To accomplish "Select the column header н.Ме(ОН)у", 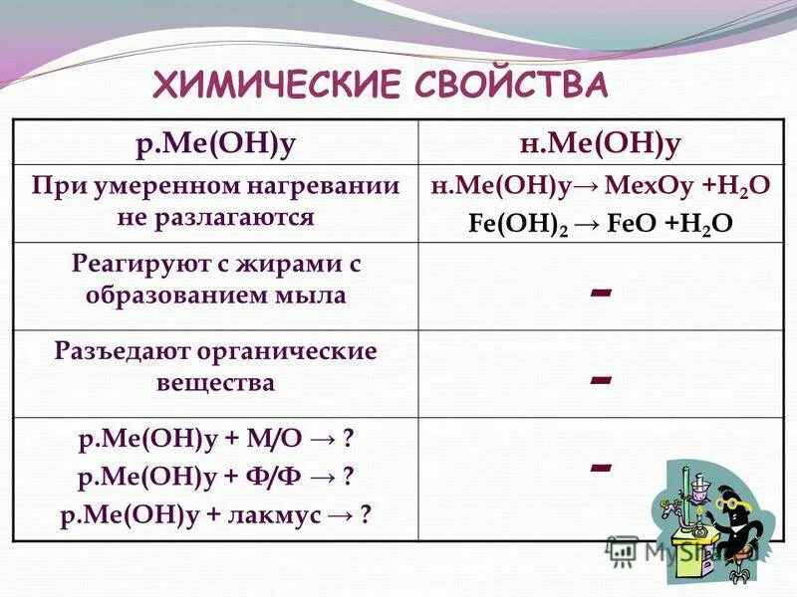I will tap(600, 143).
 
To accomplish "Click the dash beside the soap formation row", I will tap(600, 292).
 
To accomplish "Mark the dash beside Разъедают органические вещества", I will tap(600, 379).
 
